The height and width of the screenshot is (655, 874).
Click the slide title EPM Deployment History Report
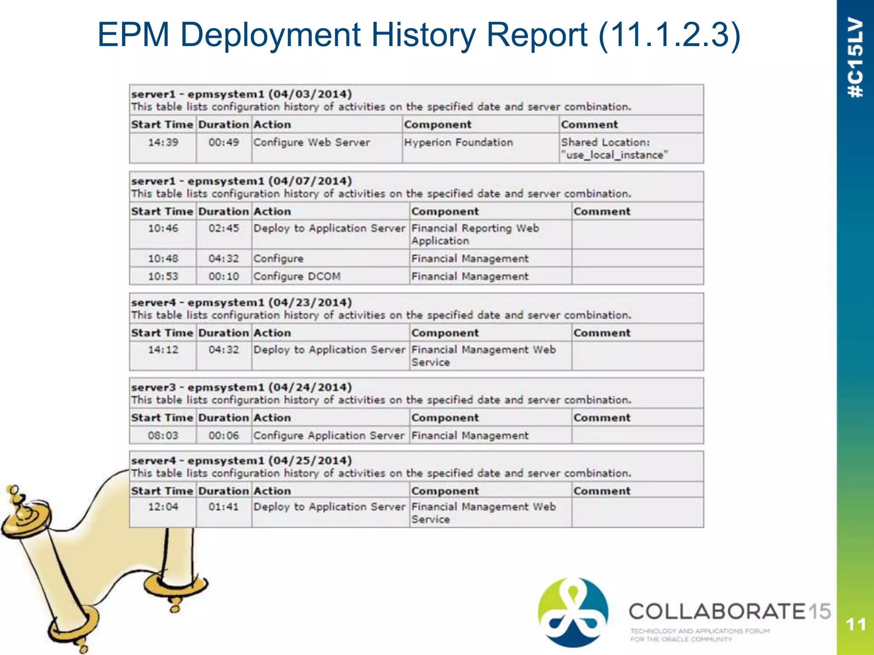click(x=419, y=35)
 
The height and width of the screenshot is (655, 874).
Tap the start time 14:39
click(x=163, y=142)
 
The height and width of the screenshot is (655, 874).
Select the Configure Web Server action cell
click(x=312, y=142)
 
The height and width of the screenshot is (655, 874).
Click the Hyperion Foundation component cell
click(x=458, y=142)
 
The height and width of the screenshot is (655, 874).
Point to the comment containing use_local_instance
click(x=614, y=148)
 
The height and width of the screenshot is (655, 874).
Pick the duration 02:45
click(x=224, y=229)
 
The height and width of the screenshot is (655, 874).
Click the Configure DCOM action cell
click(x=297, y=276)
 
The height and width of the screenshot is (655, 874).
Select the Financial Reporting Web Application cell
click(x=475, y=235)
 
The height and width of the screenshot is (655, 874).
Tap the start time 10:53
click(x=163, y=276)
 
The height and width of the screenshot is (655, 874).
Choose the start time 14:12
click(x=163, y=350)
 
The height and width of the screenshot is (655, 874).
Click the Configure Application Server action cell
click(x=329, y=436)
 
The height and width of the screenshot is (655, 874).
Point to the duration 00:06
click(x=224, y=436)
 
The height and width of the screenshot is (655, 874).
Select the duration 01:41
click(x=224, y=507)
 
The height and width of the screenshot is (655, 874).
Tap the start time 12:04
click(x=163, y=507)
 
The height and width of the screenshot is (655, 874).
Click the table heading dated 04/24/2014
click(x=242, y=388)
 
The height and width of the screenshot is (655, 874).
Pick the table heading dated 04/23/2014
click(x=242, y=303)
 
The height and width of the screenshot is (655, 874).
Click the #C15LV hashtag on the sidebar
click(x=855, y=58)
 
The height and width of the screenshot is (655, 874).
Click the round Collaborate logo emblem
click(x=573, y=612)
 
